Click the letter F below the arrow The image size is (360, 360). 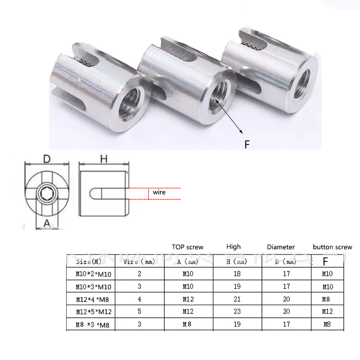[x=247, y=144]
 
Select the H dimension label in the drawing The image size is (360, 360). [x=103, y=159]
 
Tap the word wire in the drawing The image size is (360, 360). [x=159, y=193]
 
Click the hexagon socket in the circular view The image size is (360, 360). [x=46, y=194]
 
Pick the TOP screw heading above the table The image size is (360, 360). [x=187, y=247]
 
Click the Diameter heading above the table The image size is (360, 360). [x=281, y=247]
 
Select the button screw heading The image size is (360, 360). [x=333, y=247]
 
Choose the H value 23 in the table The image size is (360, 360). [x=237, y=311]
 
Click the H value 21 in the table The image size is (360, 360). [x=237, y=299]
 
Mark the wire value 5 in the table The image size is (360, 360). [x=139, y=311]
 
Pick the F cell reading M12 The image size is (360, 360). [x=327, y=311]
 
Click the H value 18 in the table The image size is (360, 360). [x=237, y=274]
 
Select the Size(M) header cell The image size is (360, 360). [x=90, y=261]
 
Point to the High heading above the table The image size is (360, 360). [x=234, y=247]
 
